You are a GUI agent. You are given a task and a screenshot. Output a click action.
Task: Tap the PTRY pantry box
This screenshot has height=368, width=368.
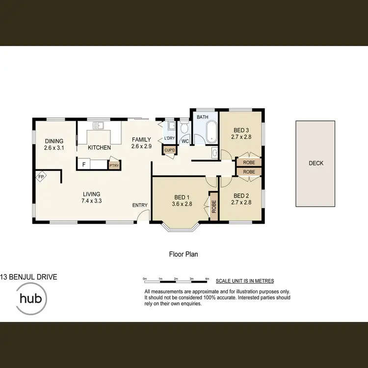(114, 165)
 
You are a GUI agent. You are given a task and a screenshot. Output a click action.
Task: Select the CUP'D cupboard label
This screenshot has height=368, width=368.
(170, 150)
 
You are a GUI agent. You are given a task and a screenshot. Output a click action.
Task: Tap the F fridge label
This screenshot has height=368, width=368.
(84, 164)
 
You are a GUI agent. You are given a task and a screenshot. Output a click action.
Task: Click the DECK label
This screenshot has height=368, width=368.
(316, 163)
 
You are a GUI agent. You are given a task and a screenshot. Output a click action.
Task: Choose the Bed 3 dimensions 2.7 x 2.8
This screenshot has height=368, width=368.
(241, 137)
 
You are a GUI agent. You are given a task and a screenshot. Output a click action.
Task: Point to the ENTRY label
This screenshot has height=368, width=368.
(140, 205)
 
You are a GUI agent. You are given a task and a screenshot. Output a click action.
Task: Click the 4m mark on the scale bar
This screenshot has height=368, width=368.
(207, 279)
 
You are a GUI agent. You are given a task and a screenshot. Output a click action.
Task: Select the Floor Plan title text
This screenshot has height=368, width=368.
(183, 254)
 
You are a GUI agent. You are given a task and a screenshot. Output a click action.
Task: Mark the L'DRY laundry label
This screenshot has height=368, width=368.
(169, 138)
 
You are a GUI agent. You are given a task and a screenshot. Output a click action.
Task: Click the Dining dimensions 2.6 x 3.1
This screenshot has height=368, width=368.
(54, 148)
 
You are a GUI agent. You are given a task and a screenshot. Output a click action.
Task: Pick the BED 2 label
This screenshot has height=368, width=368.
(241, 194)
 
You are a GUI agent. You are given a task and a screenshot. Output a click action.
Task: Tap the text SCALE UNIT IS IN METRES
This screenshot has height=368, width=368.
(244, 281)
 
